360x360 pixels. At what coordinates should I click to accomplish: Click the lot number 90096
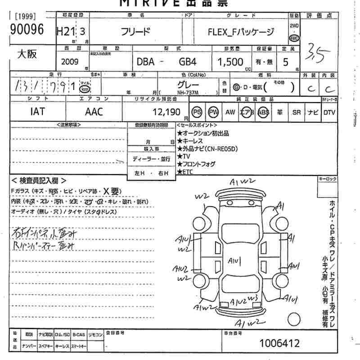coord(27,30)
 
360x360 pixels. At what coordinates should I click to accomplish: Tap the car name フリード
coord(136,32)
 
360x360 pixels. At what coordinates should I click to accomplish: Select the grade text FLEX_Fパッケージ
coord(241,32)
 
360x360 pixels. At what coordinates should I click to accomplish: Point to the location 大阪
coord(27,54)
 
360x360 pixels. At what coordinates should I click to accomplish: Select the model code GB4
coord(188,62)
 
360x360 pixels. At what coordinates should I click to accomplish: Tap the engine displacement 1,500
coord(230,62)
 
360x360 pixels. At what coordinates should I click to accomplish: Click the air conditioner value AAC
coord(94,112)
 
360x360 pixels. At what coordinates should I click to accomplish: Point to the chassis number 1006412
coord(279,343)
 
